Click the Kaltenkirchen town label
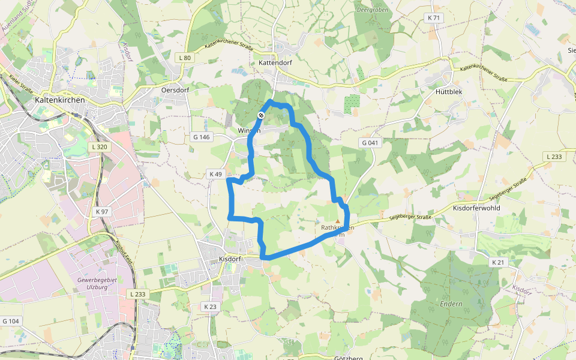tap(59, 100)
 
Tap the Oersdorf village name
tap(176, 89)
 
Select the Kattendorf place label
tap(275, 62)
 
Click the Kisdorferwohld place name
tap(477, 208)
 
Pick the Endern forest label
tap(451, 304)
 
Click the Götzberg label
tap(349, 358)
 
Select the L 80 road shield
tap(185, 58)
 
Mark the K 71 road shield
tap(434, 18)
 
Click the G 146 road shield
tap(202, 137)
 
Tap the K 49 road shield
tap(215, 174)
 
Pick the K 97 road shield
tap(102, 212)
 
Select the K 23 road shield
tap(210, 307)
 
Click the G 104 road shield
tap(11, 322)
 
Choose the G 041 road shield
tap(371, 143)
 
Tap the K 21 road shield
tap(498, 262)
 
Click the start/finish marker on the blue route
tap(262, 115)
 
